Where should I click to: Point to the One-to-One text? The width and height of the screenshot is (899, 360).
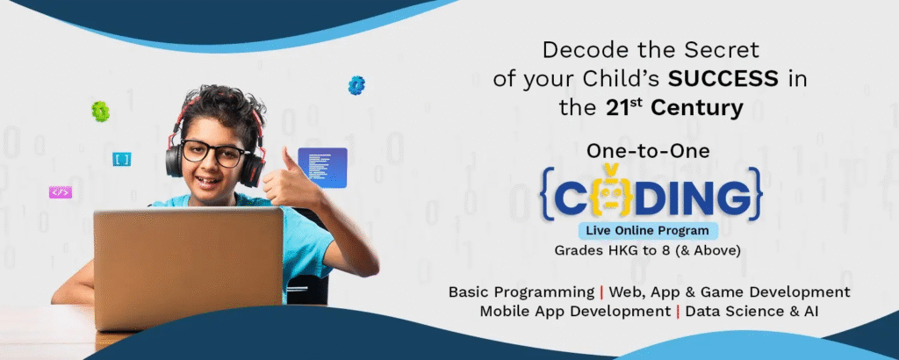(x=648, y=151)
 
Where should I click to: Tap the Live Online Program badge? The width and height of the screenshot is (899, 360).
(x=648, y=231)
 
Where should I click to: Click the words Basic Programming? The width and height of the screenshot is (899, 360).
(x=521, y=292)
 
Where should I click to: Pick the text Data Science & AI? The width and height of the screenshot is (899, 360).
(x=752, y=312)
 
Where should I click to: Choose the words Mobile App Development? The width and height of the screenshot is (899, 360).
(x=575, y=313)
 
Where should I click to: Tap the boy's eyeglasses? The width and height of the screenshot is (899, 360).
(x=214, y=153)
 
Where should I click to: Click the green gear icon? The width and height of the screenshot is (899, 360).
(x=100, y=112)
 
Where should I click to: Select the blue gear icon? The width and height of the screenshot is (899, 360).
(x=356, y=85)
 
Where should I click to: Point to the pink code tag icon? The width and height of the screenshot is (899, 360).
(x=61, y=192)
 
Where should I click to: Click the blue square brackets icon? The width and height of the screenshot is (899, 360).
(x=121, y=159)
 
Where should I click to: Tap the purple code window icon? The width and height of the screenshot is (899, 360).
(x=322, y=168)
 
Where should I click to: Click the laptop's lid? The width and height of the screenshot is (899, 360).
(x=189, y=269)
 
